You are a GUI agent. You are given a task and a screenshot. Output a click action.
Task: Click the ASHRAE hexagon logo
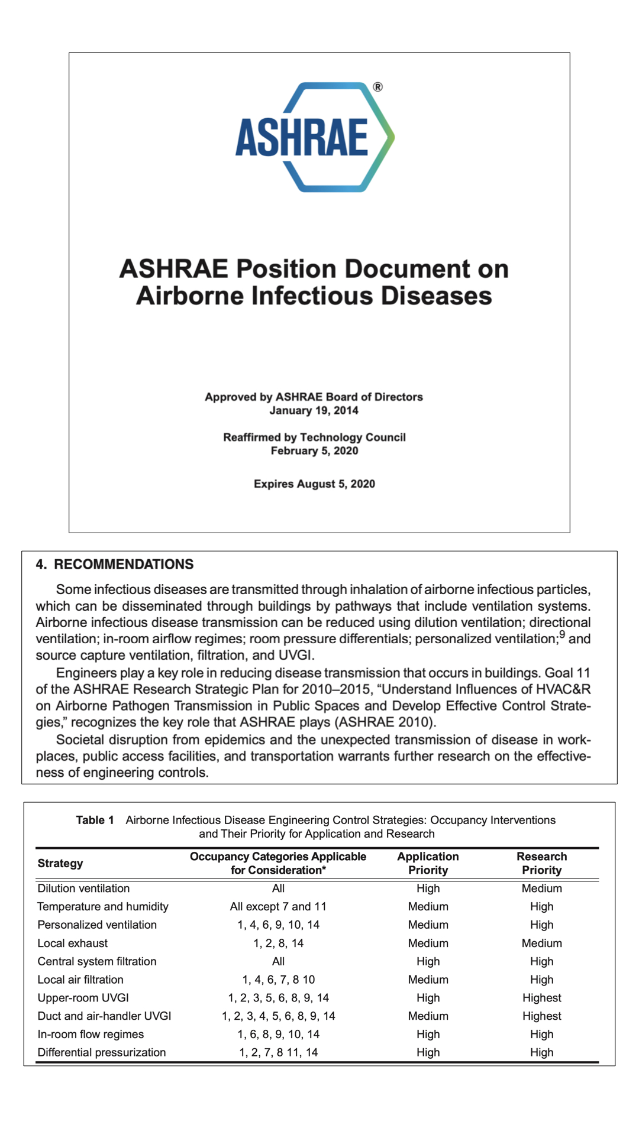coord(314,137)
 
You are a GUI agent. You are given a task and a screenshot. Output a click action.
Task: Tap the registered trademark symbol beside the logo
coord(377,87)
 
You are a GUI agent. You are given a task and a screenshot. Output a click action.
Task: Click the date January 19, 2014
coord(314,410)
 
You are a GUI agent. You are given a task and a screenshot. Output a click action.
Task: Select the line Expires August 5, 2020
coord(314,484)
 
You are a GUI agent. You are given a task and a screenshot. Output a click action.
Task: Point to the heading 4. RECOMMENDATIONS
coord(115,564)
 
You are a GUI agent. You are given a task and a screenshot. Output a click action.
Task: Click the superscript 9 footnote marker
coord(562,635)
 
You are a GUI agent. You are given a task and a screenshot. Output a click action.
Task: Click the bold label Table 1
coord(95,820)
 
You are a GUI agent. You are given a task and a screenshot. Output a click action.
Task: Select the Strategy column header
coord(60,863)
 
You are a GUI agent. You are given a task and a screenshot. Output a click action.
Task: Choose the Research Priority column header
coord(541,863)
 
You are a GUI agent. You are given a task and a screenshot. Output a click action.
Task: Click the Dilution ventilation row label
coord(83,888)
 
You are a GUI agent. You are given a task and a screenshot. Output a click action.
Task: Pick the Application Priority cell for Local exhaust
coord(428,943)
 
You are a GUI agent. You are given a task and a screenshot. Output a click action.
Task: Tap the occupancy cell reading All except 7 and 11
coord(278,906)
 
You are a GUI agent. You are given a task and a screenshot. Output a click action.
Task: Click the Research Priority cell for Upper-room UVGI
coord(541,997)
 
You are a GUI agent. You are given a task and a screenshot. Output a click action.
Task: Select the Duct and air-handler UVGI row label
coord(104,1016)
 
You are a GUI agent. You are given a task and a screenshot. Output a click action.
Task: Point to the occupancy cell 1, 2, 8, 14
coord(278,943)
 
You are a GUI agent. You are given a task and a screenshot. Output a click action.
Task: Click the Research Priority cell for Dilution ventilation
coord(541,888)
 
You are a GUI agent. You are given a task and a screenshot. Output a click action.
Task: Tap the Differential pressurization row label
coord(102,1052)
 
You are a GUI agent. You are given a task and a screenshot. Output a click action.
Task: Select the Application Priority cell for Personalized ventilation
coord(428,925)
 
